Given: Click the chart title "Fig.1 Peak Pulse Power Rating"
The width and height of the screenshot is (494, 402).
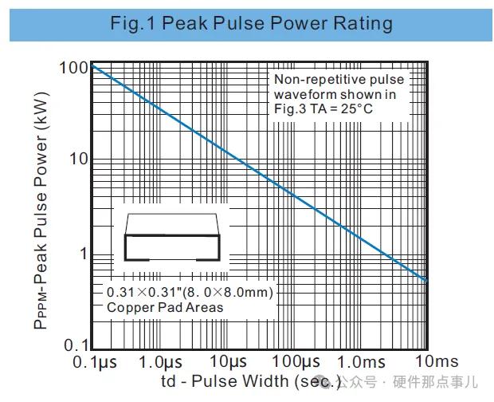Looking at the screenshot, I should pos(252,23).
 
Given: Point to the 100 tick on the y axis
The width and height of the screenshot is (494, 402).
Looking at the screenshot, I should pos(73,68).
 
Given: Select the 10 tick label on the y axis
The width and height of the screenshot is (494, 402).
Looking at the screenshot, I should pos(76,160).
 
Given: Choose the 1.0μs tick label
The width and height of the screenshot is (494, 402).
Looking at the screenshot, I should pos(162,364).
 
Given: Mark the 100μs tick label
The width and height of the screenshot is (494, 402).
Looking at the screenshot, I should pos(296,364).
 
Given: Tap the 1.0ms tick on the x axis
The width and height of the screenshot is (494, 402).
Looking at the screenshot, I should pos(363,364).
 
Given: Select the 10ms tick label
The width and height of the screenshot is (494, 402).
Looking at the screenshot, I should pos(427,364).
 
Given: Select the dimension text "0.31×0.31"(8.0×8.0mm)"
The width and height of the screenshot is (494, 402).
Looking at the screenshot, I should pos(190,292).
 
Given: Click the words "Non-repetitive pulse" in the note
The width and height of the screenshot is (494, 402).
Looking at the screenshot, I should pos(339,79).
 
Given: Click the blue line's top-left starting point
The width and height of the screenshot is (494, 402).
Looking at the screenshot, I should pos(92,64).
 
